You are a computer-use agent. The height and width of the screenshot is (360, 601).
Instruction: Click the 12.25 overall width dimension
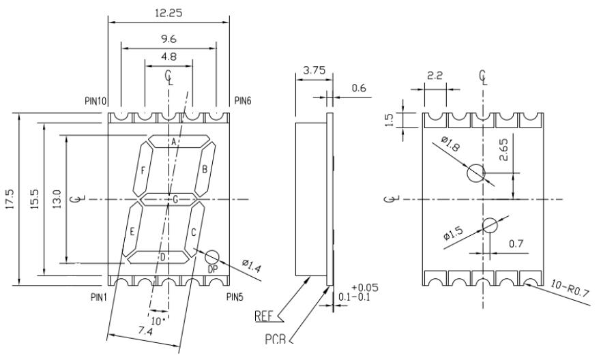[168, 13]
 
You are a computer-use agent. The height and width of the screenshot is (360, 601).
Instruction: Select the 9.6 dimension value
[168, 40]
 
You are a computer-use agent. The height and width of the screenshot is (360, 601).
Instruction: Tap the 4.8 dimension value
[168, 57]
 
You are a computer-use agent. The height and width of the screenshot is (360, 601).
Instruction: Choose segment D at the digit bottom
[162, 257]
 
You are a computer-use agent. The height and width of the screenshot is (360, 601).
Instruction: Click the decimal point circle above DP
[213, 257]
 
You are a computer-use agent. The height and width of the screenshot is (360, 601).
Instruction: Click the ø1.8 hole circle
[476, 173]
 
